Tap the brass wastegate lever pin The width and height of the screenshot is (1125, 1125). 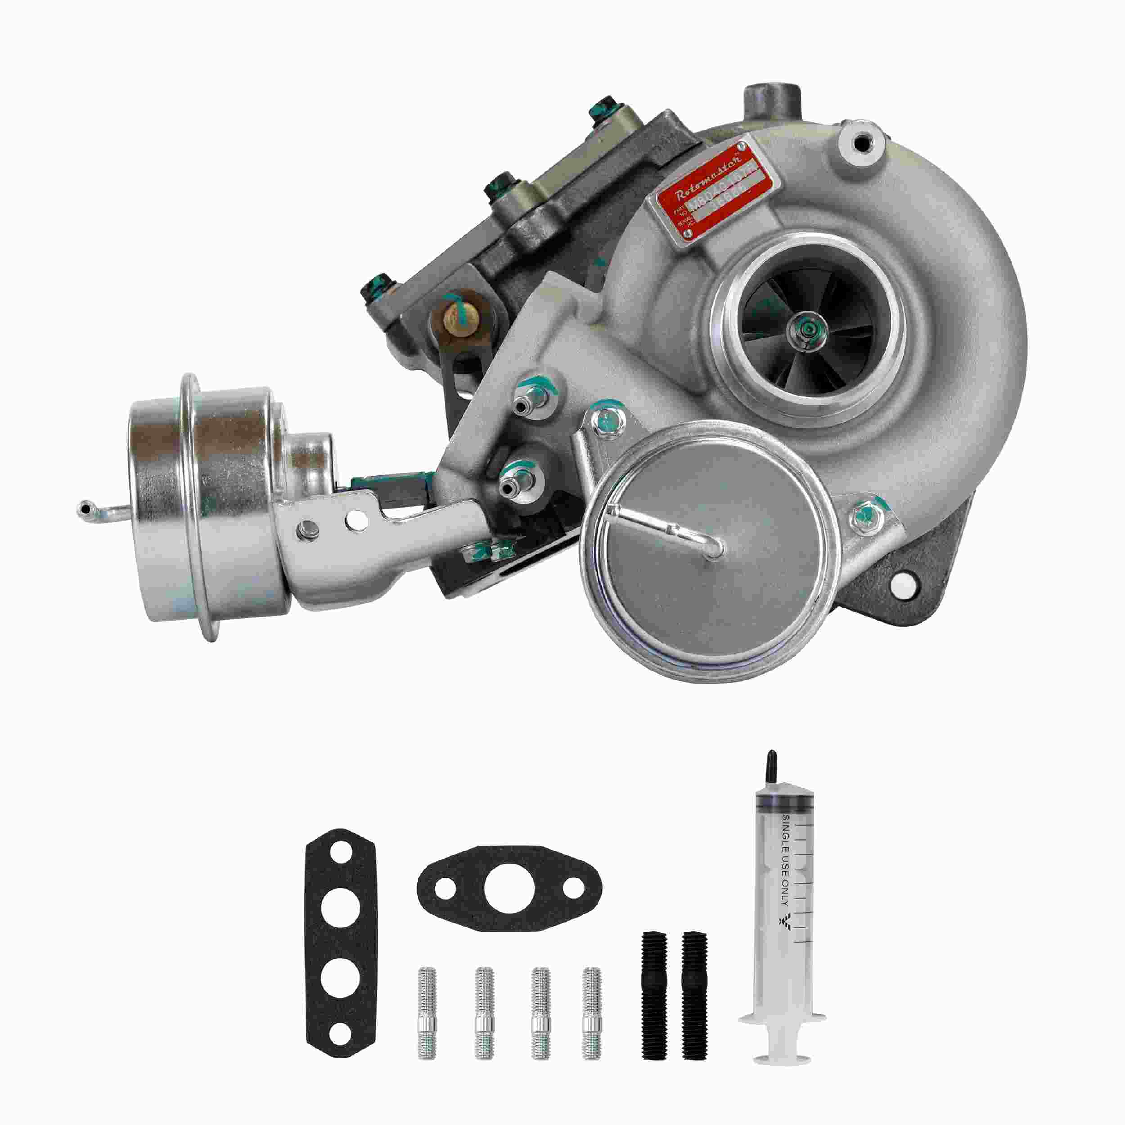pyautogui.click(x=460, y=317)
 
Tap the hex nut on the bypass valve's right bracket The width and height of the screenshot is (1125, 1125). pyautogui.click(x=864, y=514)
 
